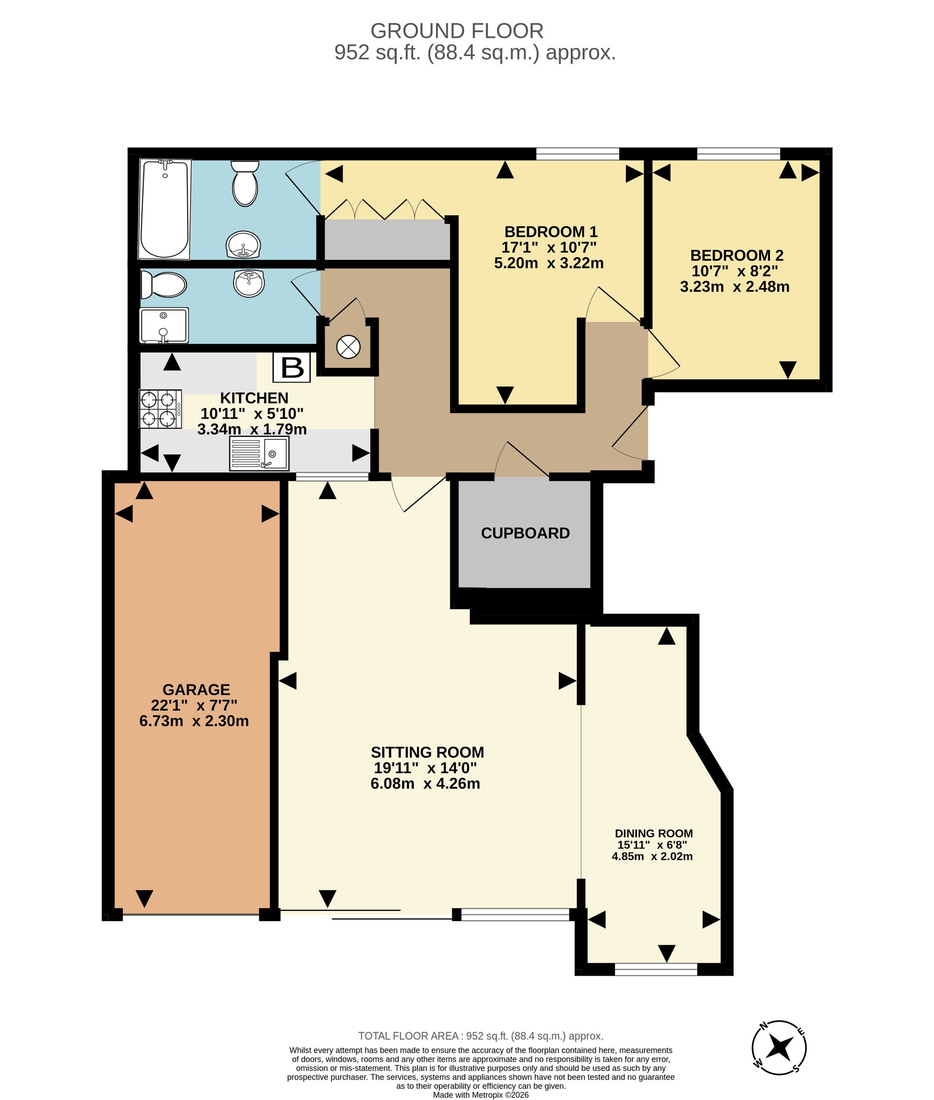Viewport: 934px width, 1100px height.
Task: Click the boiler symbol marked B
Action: pyautogui.click(x=291, y=367)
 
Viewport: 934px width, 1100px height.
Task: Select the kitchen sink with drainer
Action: pyautogui.click(x=259, y=454)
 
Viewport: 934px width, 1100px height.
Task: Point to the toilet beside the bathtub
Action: pyautogui.click(x=245, y=183)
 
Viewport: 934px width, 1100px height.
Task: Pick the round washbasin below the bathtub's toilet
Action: pyautogui.click(x=244, y=245)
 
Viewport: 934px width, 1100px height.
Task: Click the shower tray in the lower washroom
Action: pyautogui.click(x=163, y=325)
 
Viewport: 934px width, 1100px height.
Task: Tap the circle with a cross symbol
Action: pyautogui.click(x=348, y=348)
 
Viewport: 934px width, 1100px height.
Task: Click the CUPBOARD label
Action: pyautogui.click(x=525, y=533)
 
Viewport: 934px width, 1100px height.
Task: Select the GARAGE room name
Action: pyautogui.click(x=196, y=689)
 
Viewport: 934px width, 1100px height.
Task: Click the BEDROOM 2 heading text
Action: pyautogui.click(x=736, y=255)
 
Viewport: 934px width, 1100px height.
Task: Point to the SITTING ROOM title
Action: pyautogui.click(x=427, y=752)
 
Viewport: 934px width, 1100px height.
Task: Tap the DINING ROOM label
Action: pyautogui.click(x=653, y=833)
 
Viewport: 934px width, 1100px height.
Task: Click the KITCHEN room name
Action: pyautogui.click(x=254, y=398)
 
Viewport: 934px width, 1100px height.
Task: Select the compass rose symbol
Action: pyautogui.click(x=779, y=1048)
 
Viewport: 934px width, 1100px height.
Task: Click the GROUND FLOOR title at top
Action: pyautogui.click(x=457, y=31)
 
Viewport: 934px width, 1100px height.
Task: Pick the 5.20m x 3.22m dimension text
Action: pyautogui.click(x=549, y=263)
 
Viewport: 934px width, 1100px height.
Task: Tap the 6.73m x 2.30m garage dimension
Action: pyautogui.click(x=194, y=721)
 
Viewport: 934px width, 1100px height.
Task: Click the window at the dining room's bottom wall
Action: pyautogui.click(x=656, y=969)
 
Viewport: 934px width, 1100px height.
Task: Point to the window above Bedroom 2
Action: pyautogui.click(x=739, y=154)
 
